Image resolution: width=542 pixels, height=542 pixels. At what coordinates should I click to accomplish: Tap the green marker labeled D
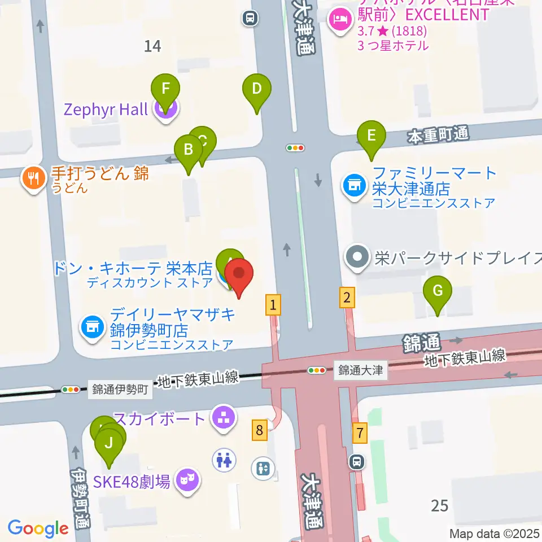(x=257, y=89)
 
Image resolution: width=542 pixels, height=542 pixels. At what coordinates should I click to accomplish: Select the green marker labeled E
(x=371, y=136)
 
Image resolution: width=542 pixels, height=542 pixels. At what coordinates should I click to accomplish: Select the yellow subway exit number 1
(x=273, y=305)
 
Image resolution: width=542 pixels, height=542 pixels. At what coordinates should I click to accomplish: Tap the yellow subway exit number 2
(x=347, y=297)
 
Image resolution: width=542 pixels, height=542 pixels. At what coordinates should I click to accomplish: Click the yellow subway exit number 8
(x=259, y=431)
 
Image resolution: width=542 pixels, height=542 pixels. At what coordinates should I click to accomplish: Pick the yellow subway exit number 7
(x=359, y=434)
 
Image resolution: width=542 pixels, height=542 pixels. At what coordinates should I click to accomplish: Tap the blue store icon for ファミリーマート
(x=355, y=185)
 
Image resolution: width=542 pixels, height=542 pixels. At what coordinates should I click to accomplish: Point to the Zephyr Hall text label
(x=106, y=108)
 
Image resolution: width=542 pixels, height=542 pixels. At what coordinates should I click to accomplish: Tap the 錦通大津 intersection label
(x=361, y=371)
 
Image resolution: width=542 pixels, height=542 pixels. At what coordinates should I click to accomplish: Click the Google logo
(x=38, y=528)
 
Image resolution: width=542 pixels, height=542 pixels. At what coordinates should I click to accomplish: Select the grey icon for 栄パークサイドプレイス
(x=357, y=258)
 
